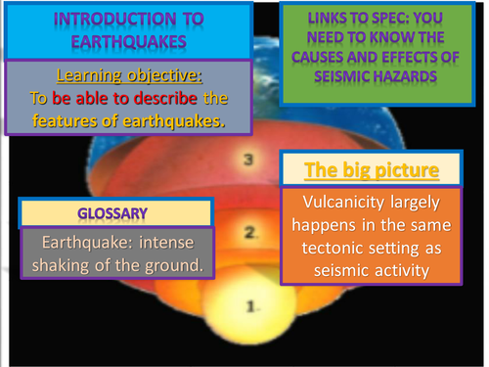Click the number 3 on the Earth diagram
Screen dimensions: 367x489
(250, 158)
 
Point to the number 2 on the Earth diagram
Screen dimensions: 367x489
(250, 232)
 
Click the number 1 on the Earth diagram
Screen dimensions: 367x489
(251, 306)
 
